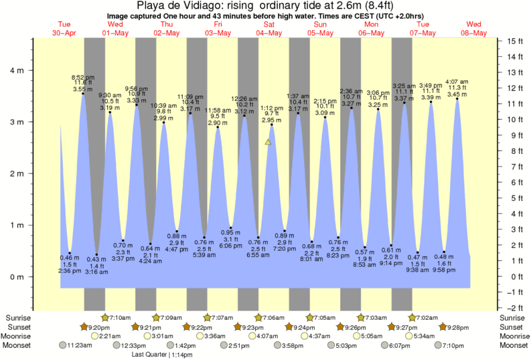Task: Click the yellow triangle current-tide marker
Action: (268, 142)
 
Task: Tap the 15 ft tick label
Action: (514, 41)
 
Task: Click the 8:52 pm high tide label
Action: (83, 78)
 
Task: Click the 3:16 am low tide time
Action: (96, 271)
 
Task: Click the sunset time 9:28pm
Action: (459, 327)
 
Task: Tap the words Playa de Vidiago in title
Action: (176, 7)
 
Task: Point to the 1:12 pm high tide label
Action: (271, 108)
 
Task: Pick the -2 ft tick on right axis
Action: (514, 307)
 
